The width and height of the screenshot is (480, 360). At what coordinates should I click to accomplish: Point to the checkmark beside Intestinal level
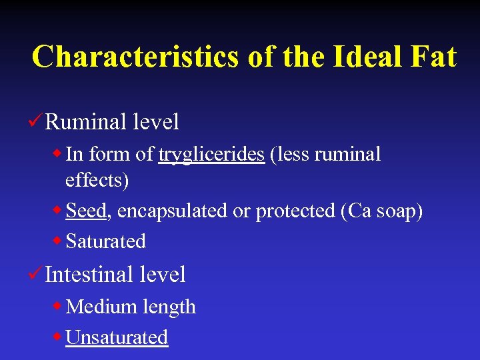[37, 273]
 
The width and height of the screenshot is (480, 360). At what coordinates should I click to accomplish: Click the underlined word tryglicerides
[211, 155]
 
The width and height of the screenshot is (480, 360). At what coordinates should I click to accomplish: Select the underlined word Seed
[86, 211]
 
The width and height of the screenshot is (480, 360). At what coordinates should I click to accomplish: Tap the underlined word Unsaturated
[117, 337]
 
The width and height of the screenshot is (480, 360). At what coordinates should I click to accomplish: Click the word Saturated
[106, 241]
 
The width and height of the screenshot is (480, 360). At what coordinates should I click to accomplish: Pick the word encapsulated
[173, 211]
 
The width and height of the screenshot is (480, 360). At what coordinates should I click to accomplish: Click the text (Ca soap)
[381, 211]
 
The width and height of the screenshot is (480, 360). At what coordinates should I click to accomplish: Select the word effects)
[97, 180]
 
